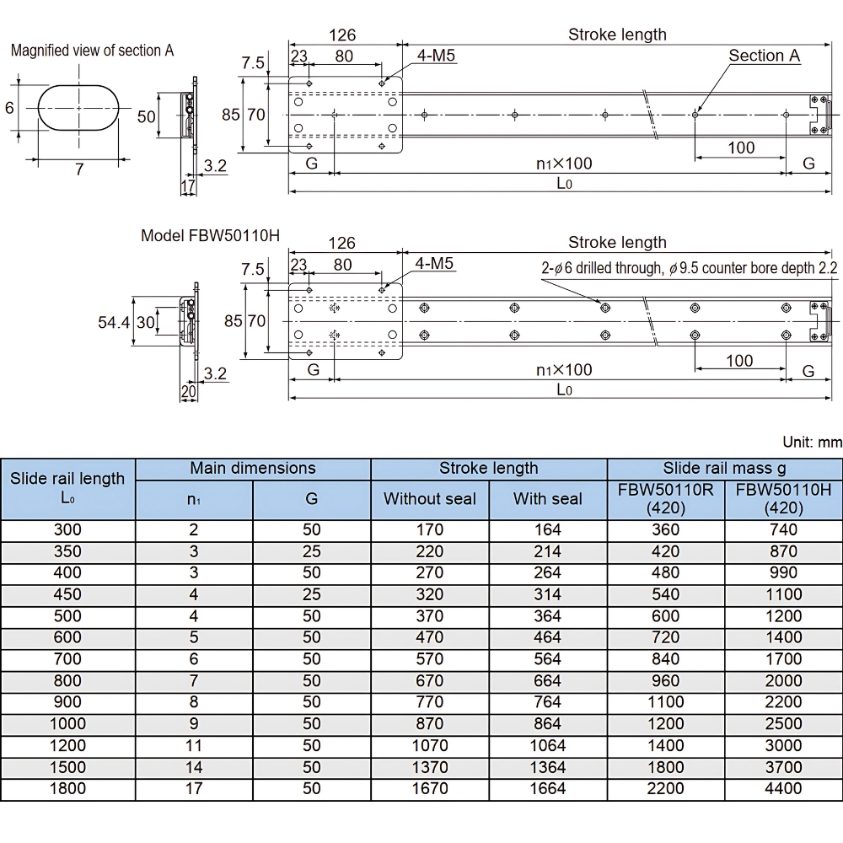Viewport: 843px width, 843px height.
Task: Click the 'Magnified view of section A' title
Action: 92,51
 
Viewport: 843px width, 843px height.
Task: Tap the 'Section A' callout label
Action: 764,56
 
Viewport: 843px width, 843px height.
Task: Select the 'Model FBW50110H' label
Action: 210,235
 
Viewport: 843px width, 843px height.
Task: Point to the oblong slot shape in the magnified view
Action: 78,108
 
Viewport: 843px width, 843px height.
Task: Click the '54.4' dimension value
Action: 114,322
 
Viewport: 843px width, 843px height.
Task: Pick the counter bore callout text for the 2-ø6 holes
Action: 690,268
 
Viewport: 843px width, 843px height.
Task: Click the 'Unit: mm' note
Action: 813,442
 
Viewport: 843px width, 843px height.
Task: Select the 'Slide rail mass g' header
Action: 724,468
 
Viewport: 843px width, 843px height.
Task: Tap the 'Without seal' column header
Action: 430,499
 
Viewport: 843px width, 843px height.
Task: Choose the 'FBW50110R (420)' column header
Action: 666,499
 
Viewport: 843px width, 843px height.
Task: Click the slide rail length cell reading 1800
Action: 67,789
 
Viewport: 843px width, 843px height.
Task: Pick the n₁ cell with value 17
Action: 194,789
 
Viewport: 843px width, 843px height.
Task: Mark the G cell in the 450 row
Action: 311,594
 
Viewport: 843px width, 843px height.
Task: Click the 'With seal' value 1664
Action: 547,789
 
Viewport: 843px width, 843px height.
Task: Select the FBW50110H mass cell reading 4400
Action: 783,789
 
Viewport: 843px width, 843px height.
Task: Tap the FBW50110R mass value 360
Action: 666,530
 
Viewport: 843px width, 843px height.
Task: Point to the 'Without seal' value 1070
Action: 430,746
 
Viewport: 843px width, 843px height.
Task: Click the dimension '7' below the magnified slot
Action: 79,169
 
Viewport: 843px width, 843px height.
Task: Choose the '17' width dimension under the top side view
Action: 188,186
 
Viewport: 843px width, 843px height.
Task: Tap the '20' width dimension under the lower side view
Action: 188,391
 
